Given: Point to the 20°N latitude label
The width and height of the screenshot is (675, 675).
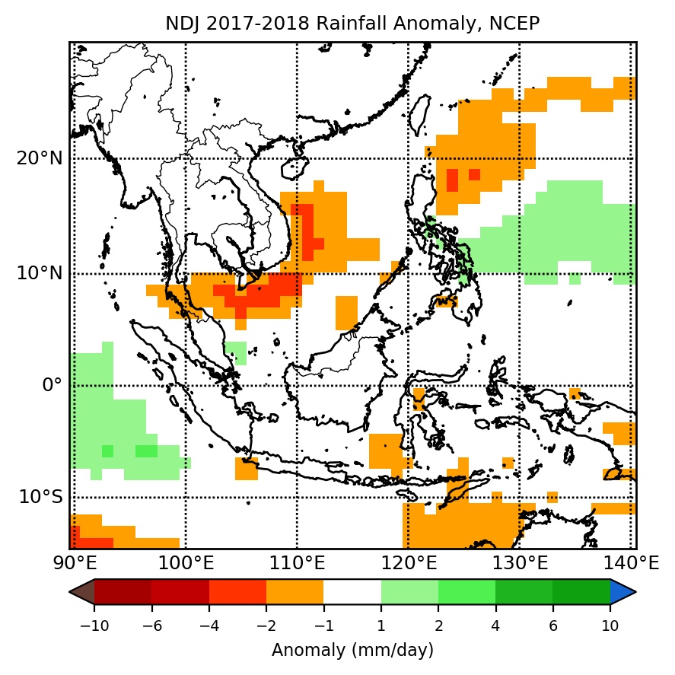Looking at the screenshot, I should pyautogui.click(x=40, y=159).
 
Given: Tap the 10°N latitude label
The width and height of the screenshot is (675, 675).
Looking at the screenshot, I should pyautogui.click(x=40, y=273).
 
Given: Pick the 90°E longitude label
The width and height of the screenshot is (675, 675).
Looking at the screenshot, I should pyautogui.click(x=74, y=564).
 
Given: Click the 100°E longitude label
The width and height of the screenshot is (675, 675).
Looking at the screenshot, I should pyautogui.click(x=186, y=564).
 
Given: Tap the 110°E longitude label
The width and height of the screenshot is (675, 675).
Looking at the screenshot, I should pyautogui.click(x=297, y=564).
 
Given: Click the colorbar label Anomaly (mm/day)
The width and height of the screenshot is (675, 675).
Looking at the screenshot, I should pyautogui.click(x=352, y=651).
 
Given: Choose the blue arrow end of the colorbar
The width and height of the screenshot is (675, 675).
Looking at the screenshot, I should pyautogui.click(x=623, y=592).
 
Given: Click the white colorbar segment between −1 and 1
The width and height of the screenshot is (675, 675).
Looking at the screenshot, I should pyautogui.click(x=352, y=592).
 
